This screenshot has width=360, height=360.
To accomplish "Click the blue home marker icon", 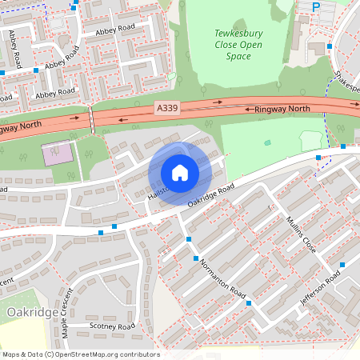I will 180,172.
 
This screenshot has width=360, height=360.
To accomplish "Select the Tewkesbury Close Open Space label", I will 238,45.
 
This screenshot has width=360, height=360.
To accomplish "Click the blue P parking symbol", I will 315,6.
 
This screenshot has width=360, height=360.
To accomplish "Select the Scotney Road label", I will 113,326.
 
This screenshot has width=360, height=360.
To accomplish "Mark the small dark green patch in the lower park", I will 267,142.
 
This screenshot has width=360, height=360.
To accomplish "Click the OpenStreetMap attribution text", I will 80,354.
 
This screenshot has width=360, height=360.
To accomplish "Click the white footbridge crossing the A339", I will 93,120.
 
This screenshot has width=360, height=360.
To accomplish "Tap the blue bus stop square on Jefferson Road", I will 342,264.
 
